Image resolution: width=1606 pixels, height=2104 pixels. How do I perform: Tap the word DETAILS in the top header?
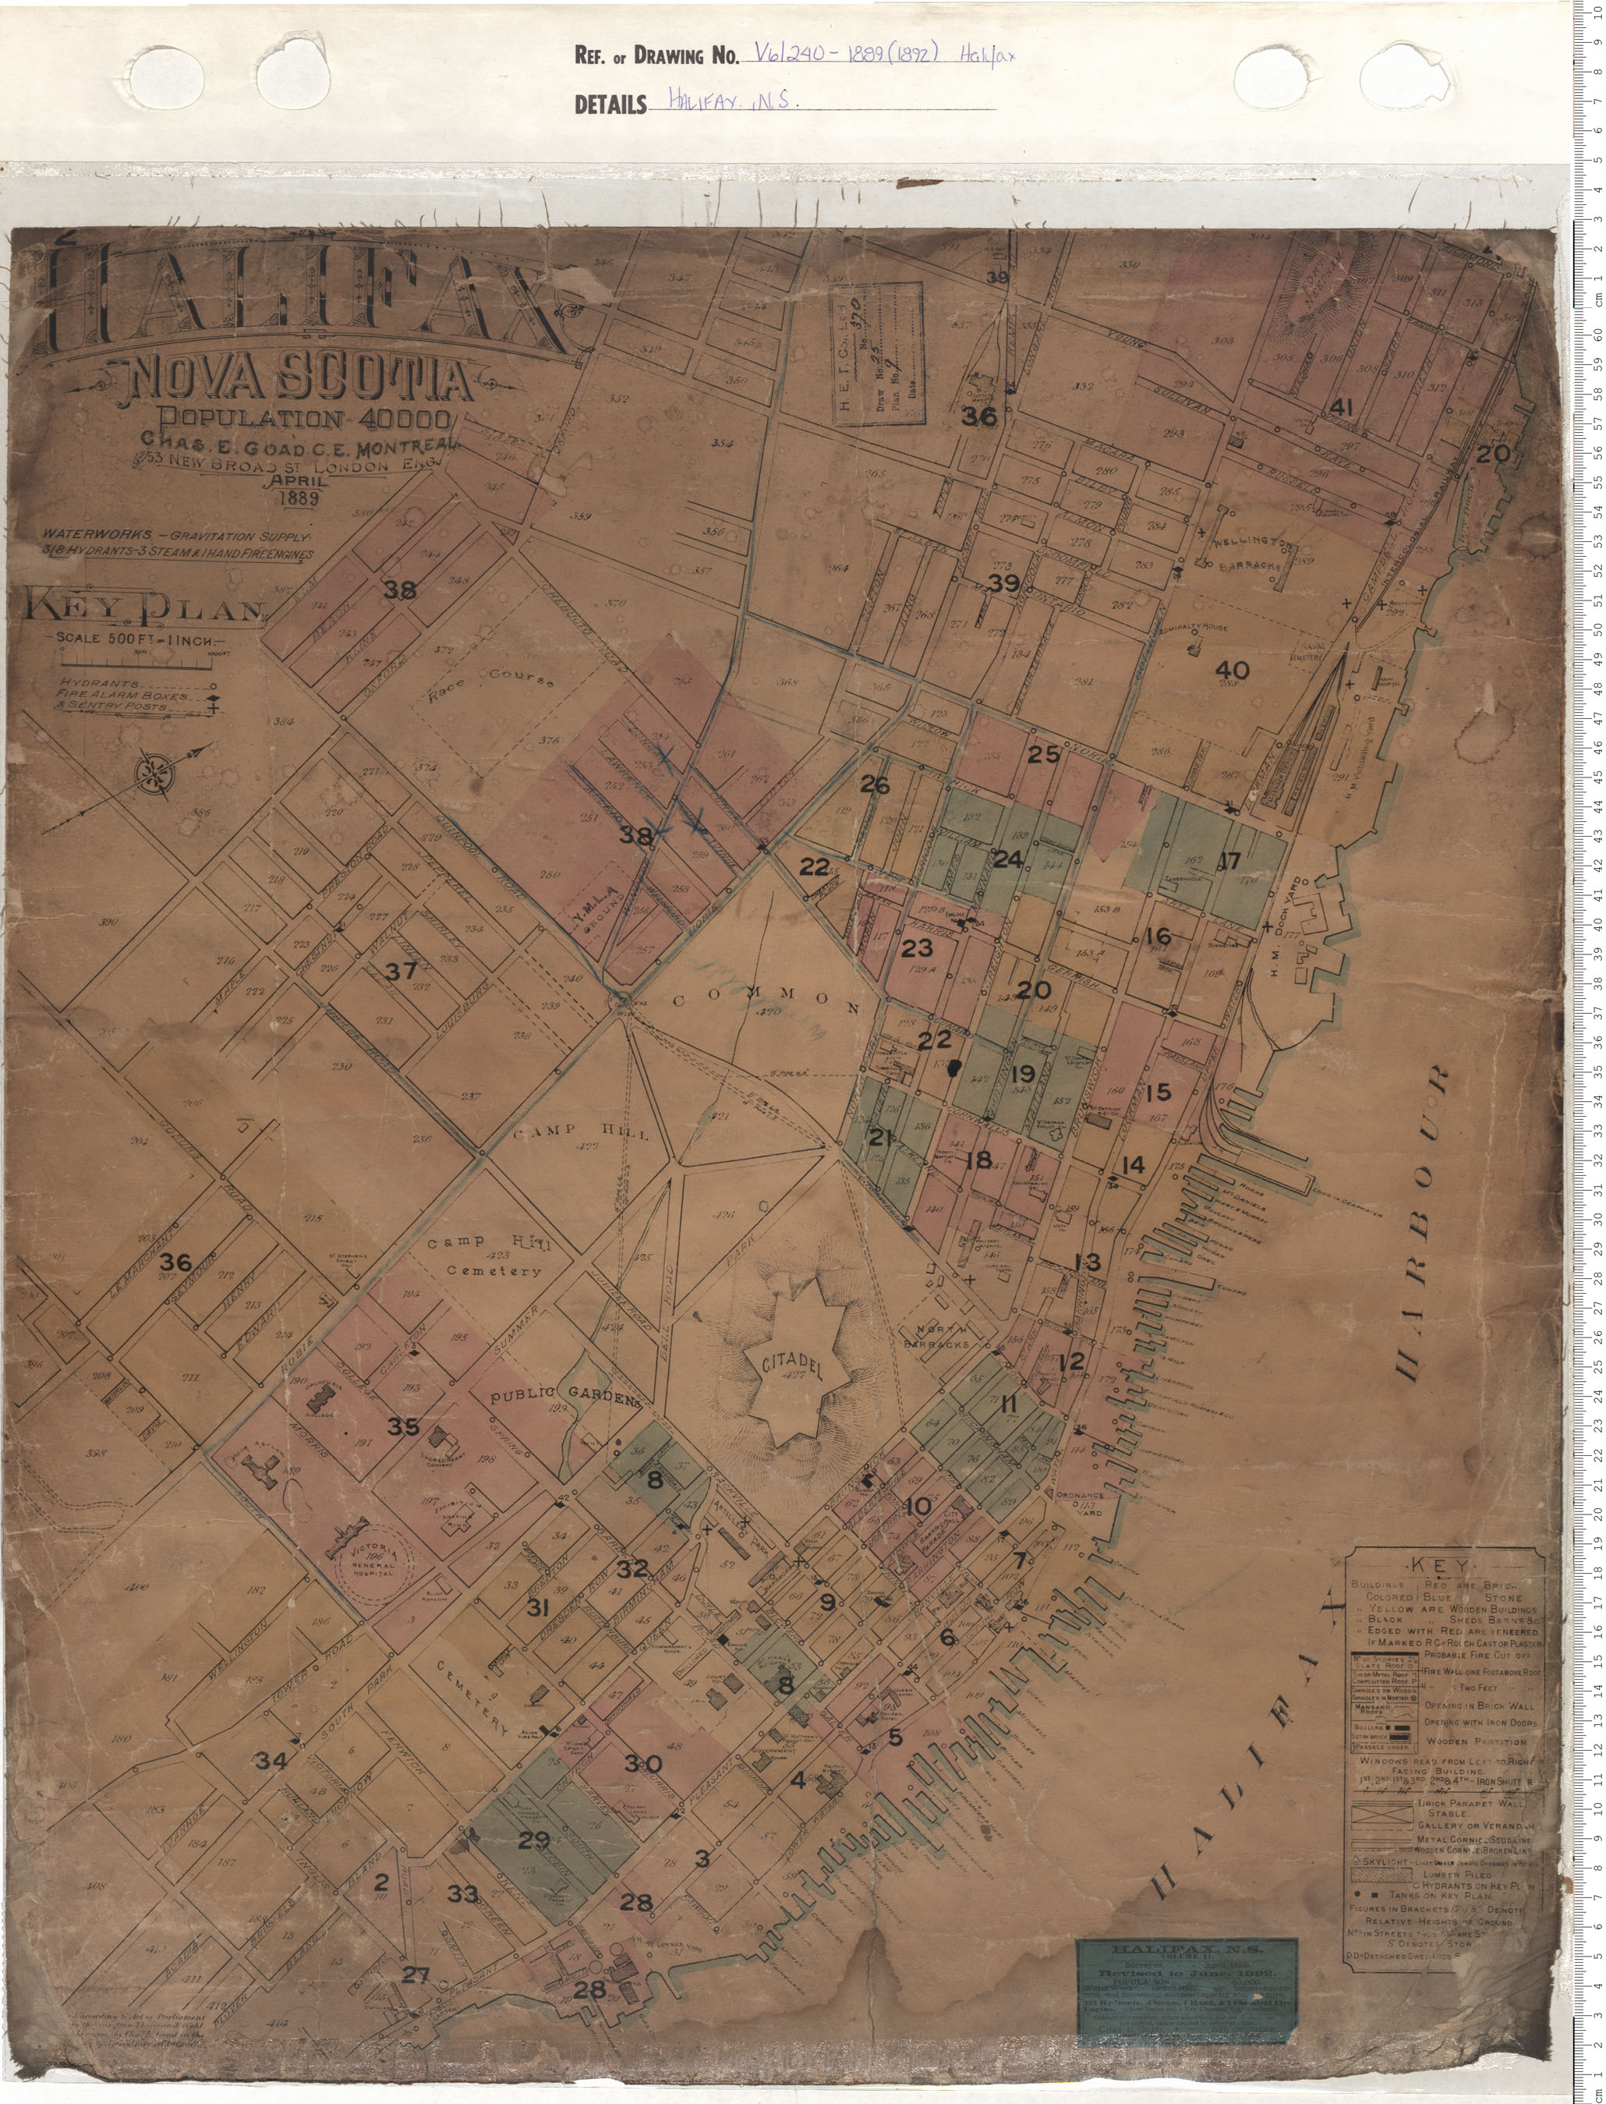pyautogui.click(x=610, y=104)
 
